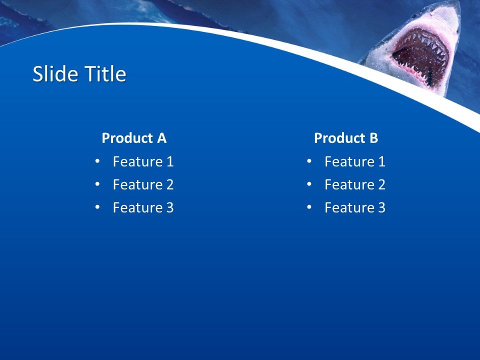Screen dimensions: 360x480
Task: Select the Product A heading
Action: pos(134,138)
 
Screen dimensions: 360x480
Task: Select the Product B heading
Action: pos(346,138)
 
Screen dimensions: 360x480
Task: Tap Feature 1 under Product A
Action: pos(143,161)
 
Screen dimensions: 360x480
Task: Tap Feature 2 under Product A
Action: pos(143,184)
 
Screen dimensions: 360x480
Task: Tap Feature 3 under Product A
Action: pos(143,207)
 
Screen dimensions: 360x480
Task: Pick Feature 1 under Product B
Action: pos(355,161)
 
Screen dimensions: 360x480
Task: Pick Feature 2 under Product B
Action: pos(355,184)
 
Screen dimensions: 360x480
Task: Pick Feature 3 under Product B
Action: pos(355,207)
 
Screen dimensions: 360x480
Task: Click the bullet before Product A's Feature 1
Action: pos(97,161)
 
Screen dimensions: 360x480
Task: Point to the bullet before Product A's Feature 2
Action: pos(97,184)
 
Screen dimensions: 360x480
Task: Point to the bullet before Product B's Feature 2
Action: pos(309,184)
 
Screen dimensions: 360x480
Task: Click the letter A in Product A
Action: pos(161,138)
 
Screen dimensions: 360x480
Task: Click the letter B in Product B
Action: pos(373,138)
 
